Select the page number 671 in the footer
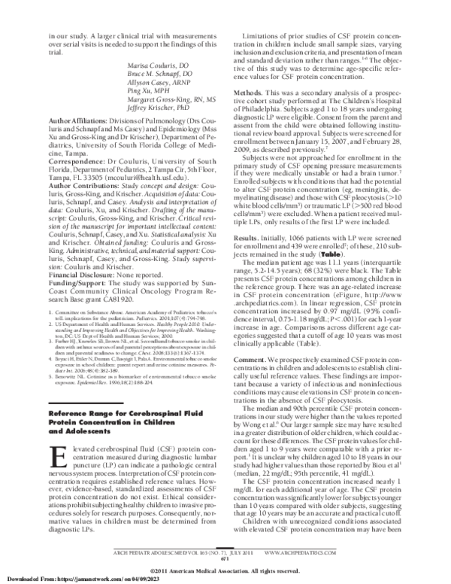pos(225,558)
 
